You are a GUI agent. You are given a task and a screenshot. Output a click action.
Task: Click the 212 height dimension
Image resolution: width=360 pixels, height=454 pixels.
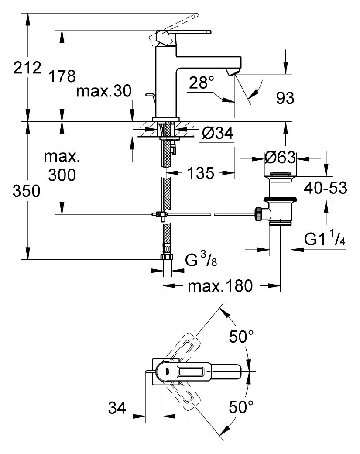pos(27,68)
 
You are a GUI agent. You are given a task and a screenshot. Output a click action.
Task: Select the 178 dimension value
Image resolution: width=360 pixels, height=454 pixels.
pos(62,76)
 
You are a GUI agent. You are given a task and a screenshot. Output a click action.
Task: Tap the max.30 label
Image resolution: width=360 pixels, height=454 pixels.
pos(103,91)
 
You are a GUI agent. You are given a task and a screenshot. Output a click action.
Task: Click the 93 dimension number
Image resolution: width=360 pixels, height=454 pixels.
pos(285,98)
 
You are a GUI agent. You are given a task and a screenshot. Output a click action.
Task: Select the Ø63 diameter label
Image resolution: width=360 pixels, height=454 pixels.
pos(280,158)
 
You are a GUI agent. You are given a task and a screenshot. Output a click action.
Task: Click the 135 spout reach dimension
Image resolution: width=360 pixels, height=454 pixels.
pos(201,173)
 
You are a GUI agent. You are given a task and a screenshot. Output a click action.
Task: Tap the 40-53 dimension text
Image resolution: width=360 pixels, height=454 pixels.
pos(325,188)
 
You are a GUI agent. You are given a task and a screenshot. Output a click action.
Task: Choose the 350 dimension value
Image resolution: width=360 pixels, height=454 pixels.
pos(26,191)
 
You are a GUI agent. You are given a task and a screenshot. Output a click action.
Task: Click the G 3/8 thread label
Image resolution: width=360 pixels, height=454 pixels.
pos(201,259)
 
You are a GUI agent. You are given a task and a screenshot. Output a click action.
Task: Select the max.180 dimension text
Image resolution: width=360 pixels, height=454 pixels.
pos(220,286)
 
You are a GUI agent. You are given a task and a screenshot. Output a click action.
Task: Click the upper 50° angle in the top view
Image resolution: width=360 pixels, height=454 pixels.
pos(241,337)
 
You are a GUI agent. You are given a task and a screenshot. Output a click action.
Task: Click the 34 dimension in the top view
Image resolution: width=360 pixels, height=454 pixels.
pos(117,408)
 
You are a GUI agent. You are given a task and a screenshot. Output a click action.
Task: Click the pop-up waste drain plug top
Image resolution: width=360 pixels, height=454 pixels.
pos(280,174)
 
